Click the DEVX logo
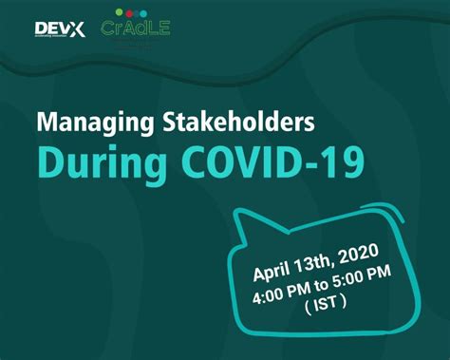click(59, 28)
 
